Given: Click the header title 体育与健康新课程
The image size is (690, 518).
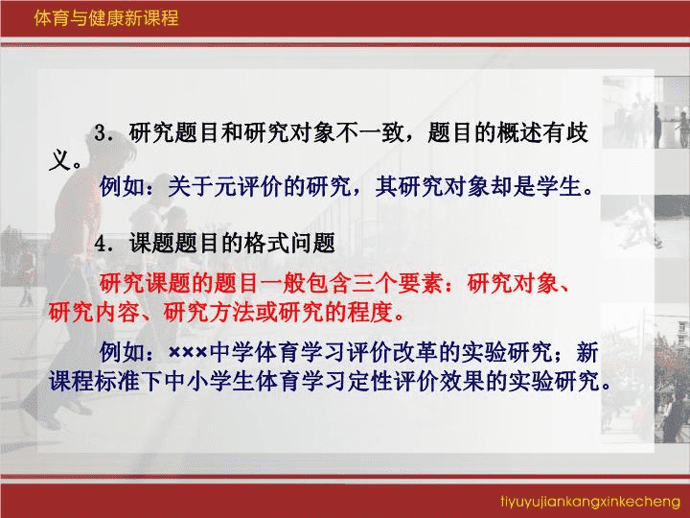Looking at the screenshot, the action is point(106,18).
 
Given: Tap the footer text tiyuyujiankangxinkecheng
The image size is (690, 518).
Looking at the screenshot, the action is point(590,502).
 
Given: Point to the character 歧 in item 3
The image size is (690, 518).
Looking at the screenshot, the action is point(578,133).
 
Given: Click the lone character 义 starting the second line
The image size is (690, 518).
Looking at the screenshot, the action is point(59,160).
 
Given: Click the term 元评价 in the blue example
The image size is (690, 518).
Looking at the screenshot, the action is point(248,186).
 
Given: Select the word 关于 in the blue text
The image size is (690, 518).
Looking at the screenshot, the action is point(191,186).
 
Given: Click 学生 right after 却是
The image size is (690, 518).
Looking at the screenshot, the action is point(559,186).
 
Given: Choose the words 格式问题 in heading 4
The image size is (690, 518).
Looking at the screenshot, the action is point(289,243).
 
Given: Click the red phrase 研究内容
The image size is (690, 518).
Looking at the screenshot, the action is point(94,312).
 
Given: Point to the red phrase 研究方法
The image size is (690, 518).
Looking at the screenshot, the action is point(209,312).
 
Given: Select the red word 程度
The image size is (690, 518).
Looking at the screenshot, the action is point(370,312).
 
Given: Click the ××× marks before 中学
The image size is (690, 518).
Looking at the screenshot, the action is point(188,352).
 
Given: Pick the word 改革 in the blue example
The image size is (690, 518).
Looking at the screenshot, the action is point(415,352).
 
